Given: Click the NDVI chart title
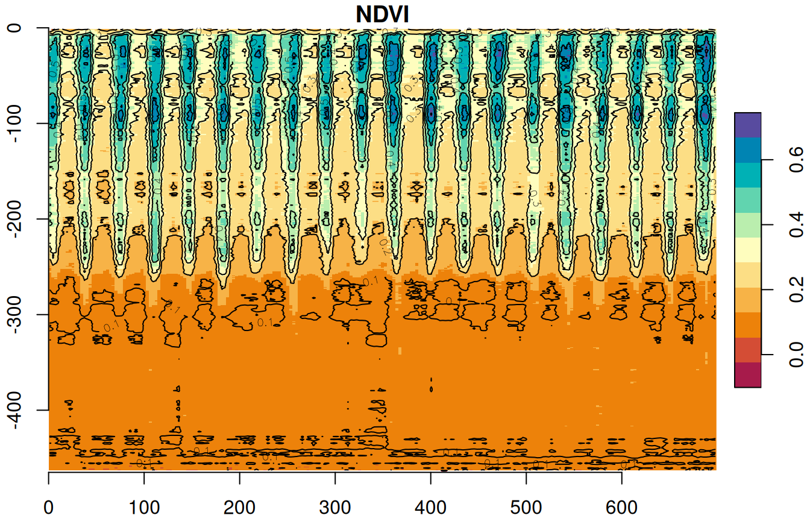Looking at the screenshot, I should point(382,14).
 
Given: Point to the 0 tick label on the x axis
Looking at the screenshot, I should point(48,508).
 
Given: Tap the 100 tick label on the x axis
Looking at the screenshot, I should point(144,508).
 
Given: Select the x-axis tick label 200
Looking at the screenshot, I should point(240,508).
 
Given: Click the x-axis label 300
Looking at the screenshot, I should point(335,508).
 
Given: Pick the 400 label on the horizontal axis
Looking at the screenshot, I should point(431,508).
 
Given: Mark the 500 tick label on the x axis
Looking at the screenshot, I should point(527,508).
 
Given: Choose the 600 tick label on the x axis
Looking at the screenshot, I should point(622,508).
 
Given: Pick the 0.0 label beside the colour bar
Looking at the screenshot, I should point(797,354).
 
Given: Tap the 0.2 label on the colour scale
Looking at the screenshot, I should point(797,289).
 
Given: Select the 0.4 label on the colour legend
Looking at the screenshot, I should point(797,224).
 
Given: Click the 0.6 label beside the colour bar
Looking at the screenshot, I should point(797,159).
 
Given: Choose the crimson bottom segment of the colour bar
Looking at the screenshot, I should point(748,374).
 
